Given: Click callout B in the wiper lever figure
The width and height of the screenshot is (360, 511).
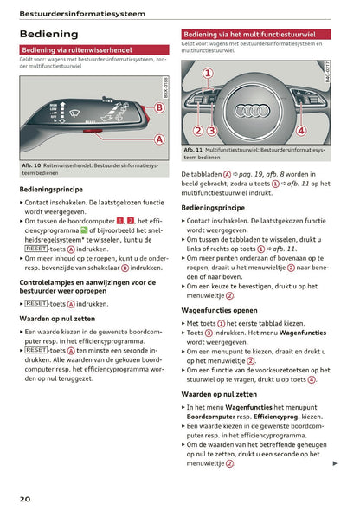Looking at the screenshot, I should click(159, 107).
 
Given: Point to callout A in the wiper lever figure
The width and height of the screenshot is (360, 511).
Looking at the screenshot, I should click(159, 139).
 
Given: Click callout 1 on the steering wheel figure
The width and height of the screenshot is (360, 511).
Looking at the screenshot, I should click(207, 74).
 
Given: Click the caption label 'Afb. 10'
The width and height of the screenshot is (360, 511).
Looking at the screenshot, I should click(32, 165).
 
